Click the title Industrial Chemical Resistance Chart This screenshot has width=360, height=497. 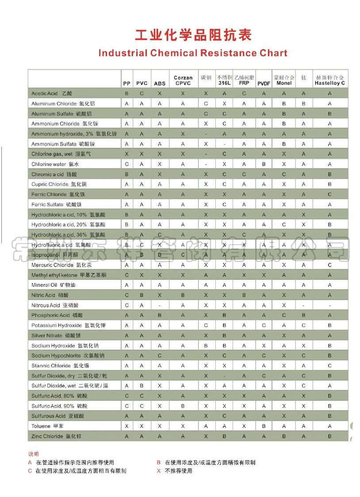pyautogui.click(x=193, y=53)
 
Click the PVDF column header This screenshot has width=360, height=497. pyautogui.click(x=264, y=83)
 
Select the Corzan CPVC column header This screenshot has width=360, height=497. pyautogui.click(x=183, y=80)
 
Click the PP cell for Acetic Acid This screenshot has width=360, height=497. pyautogui.click(x=126, y=93)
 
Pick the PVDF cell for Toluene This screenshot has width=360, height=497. pyautogui.click(x=264, y=426)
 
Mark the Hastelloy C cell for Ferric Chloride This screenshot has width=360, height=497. pyautogui.click(x=329, y=194)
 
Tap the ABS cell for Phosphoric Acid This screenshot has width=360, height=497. pyautogui.click(x=160, y=315)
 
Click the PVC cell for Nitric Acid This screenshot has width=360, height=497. pyautogui.click(x=142, y=295)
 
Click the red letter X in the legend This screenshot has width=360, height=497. pyautogui.click(x=158, y=471)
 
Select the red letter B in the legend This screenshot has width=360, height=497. pyautogui.click(x=158, y=462)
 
